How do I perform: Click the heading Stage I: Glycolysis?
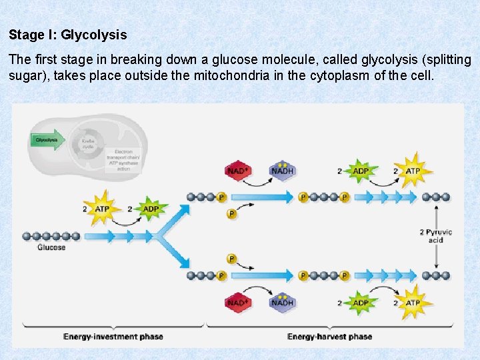[67, 34]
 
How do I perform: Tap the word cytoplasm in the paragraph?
[340, 75]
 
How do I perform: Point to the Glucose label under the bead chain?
[51, 247]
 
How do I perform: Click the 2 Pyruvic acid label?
[435, 236]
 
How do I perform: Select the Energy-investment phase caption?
[113, 337]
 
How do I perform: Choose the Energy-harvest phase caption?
[330, 337]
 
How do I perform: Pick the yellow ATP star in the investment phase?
[101, 209]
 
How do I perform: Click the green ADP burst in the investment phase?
[151, 209]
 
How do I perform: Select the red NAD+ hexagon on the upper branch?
[238, 171]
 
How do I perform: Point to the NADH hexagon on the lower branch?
[282, 302]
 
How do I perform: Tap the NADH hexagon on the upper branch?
[282, 171]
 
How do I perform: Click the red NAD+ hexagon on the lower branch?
[238, 302]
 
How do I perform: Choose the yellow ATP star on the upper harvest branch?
[413, 171]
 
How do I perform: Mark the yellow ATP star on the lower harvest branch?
[413, 302]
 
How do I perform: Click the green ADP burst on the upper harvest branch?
[361, 171]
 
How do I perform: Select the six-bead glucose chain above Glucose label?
[51, 236]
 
